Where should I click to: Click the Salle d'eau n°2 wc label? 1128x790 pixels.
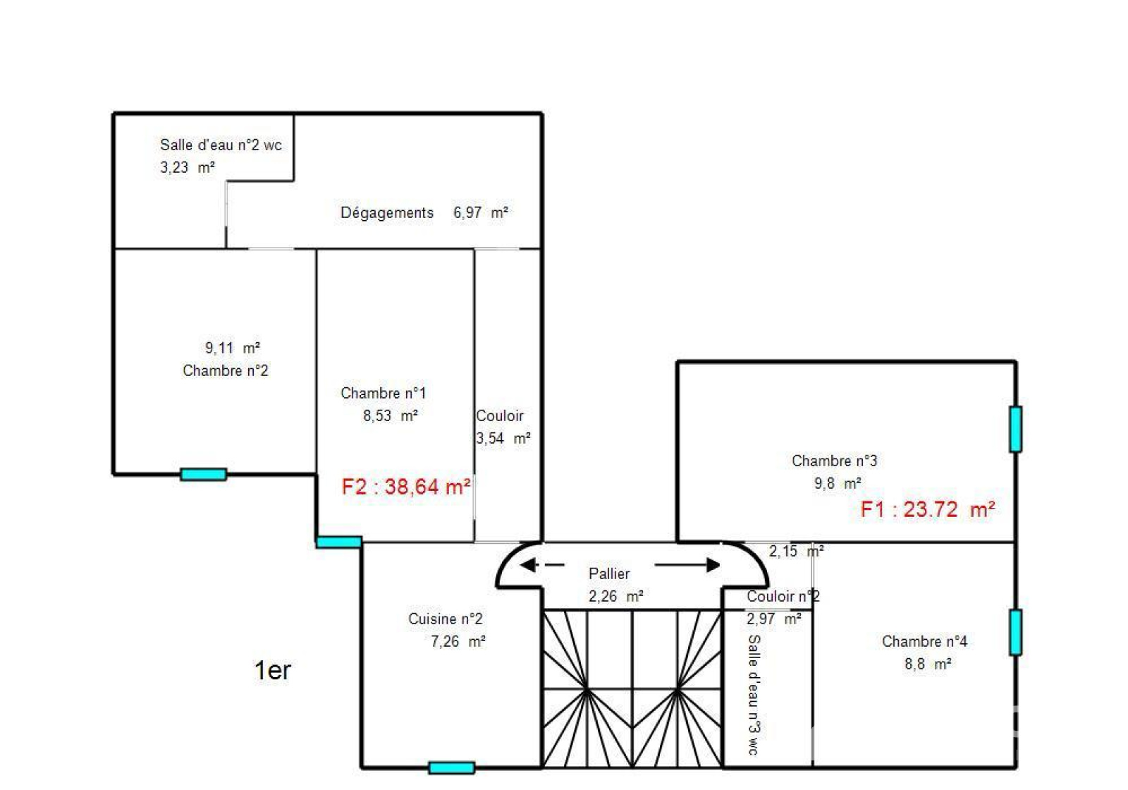pyautogui.click(x=221, y=145)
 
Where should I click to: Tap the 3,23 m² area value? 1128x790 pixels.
pyautogui.click(x=188, y=167)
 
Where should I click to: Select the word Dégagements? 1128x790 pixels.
pyautogui.click(x=387, y=212)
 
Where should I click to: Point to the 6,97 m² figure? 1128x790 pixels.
pyautogui.click(x=480, y=212)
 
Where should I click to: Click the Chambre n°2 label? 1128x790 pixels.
pyautogui.click(x=225, y=371)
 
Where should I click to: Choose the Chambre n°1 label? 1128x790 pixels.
pyautogui.click(x=384, y=393)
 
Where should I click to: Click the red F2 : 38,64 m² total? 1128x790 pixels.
pyautogui.click(x=406, y=487)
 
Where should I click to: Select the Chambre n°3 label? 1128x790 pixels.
pyautogui.click(x=835, y=461)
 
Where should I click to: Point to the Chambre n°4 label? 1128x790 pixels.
pyautogui.click(x=924, y=641)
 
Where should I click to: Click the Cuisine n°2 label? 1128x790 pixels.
pyautogui.click(x=445, y=619)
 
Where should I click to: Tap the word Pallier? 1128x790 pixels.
pyautogui.click(x=609, y=574)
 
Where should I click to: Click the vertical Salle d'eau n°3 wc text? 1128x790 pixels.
pyautogui.click(x=754, y=695)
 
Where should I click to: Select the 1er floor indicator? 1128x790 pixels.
pyautogui.click(x=272, y=671)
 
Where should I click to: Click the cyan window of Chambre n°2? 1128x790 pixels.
pyautogui.click(x=203, y=474)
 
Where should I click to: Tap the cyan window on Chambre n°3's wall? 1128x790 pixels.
pyautogui.click(x=1015, y=429)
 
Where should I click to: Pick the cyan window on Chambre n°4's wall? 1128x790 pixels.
pyautogui.click(x=1015, y=632)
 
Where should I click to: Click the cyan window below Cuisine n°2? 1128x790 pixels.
pyautogui.click(x=451, y=768)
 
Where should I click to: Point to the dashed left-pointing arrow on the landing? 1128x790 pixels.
pyautogui.click(x=542, y=565)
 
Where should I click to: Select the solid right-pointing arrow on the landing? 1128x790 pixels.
pyautogui.click(x=687, y=565)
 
